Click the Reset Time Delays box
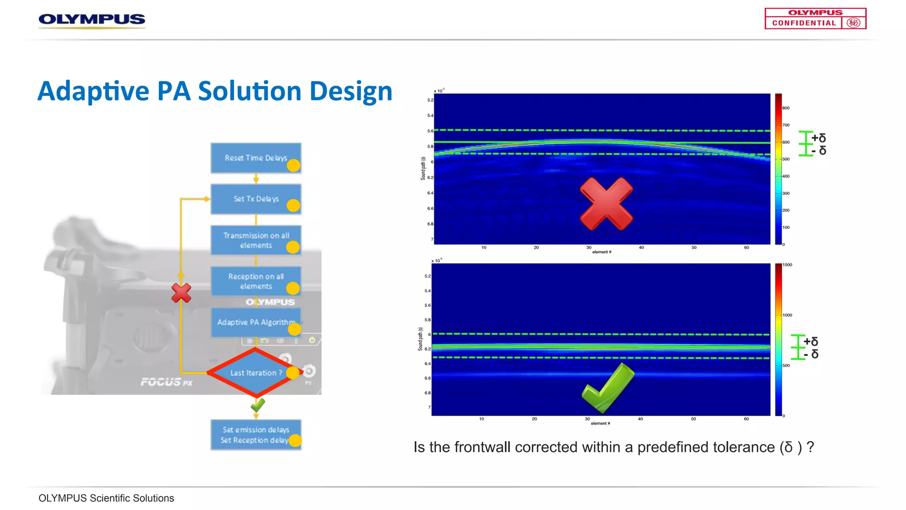tap(256, 158)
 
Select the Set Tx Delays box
tap(256, 199)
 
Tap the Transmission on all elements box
tap(256, 240)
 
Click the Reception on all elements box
tap(256, 281)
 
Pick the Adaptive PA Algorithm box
tap(256, 322)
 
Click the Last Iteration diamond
tap(255, 373)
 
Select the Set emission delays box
tap(256, 435)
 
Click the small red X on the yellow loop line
tap(181, 293)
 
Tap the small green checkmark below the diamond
tap(257, 405)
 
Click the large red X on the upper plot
tap(606, 204)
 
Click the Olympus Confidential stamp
tap(815, 19)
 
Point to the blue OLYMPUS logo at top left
tap(92, 19)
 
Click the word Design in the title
tap(351, 91)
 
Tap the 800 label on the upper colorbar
tap(786, 108)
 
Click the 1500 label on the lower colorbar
tap(787, 265)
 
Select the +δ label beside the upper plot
tap(818, 138)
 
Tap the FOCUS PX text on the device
tap(166, 382)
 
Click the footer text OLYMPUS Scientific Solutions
tap(106, 498)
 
